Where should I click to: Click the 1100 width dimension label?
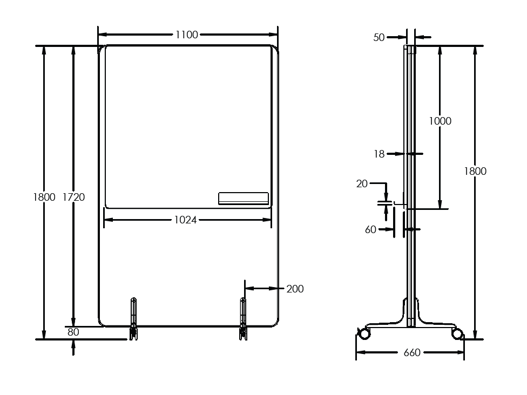point(187,35)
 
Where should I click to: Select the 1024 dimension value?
point(186,220)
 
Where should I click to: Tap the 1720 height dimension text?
point(73,197)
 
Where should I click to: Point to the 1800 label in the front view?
point(44,197)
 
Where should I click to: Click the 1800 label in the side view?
point(475,171)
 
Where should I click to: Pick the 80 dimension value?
point(73,332)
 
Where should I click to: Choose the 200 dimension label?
point(295,289)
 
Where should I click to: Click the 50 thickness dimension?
point(379,37)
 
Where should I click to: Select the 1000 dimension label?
point(440,121)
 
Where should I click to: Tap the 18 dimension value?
point(379,154)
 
